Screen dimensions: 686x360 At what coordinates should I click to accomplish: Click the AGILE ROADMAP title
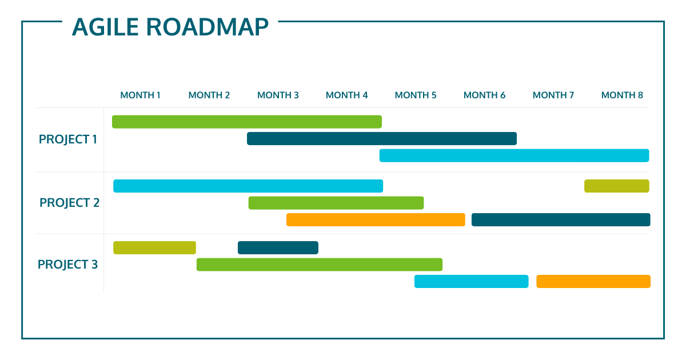tap(170, 27)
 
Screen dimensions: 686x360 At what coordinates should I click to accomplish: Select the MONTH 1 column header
tap(140, 95)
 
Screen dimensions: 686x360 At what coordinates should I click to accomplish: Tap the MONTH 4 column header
tap(346, 95)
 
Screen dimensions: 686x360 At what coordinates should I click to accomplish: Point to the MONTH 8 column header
tap(622, 95)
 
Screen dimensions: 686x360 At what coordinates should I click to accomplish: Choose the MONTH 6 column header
tap(484, 95)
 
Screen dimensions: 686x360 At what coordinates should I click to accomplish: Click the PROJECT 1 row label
tap(68, 139)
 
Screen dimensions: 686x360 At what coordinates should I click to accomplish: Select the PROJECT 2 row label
tap(70, 203)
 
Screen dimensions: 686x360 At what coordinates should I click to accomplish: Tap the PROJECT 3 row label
tap(67, 265)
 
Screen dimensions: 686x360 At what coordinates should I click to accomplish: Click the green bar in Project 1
tap(247, 122)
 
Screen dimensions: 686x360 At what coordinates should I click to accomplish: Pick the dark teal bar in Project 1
tap(382, 139)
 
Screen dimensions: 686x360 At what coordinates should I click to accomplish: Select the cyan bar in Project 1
tap(514, 155)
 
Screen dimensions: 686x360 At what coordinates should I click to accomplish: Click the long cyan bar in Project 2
tap(248, 186)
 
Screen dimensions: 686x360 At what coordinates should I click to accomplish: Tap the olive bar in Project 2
tap(617, 186)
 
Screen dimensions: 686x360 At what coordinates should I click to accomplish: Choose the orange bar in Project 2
tap(376, 220)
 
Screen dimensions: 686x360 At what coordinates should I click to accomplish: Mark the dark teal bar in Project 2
tap(561, 220)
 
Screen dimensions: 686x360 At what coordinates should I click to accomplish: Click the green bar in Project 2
tap(336, 203)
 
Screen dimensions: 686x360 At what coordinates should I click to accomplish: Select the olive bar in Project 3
tap(155, 247)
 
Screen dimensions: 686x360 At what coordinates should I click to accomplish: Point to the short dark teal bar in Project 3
tap(278, 247)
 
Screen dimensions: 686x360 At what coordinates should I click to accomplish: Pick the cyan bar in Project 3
tap(471, 281)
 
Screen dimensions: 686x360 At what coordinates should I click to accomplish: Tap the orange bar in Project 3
tap(593, 281)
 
